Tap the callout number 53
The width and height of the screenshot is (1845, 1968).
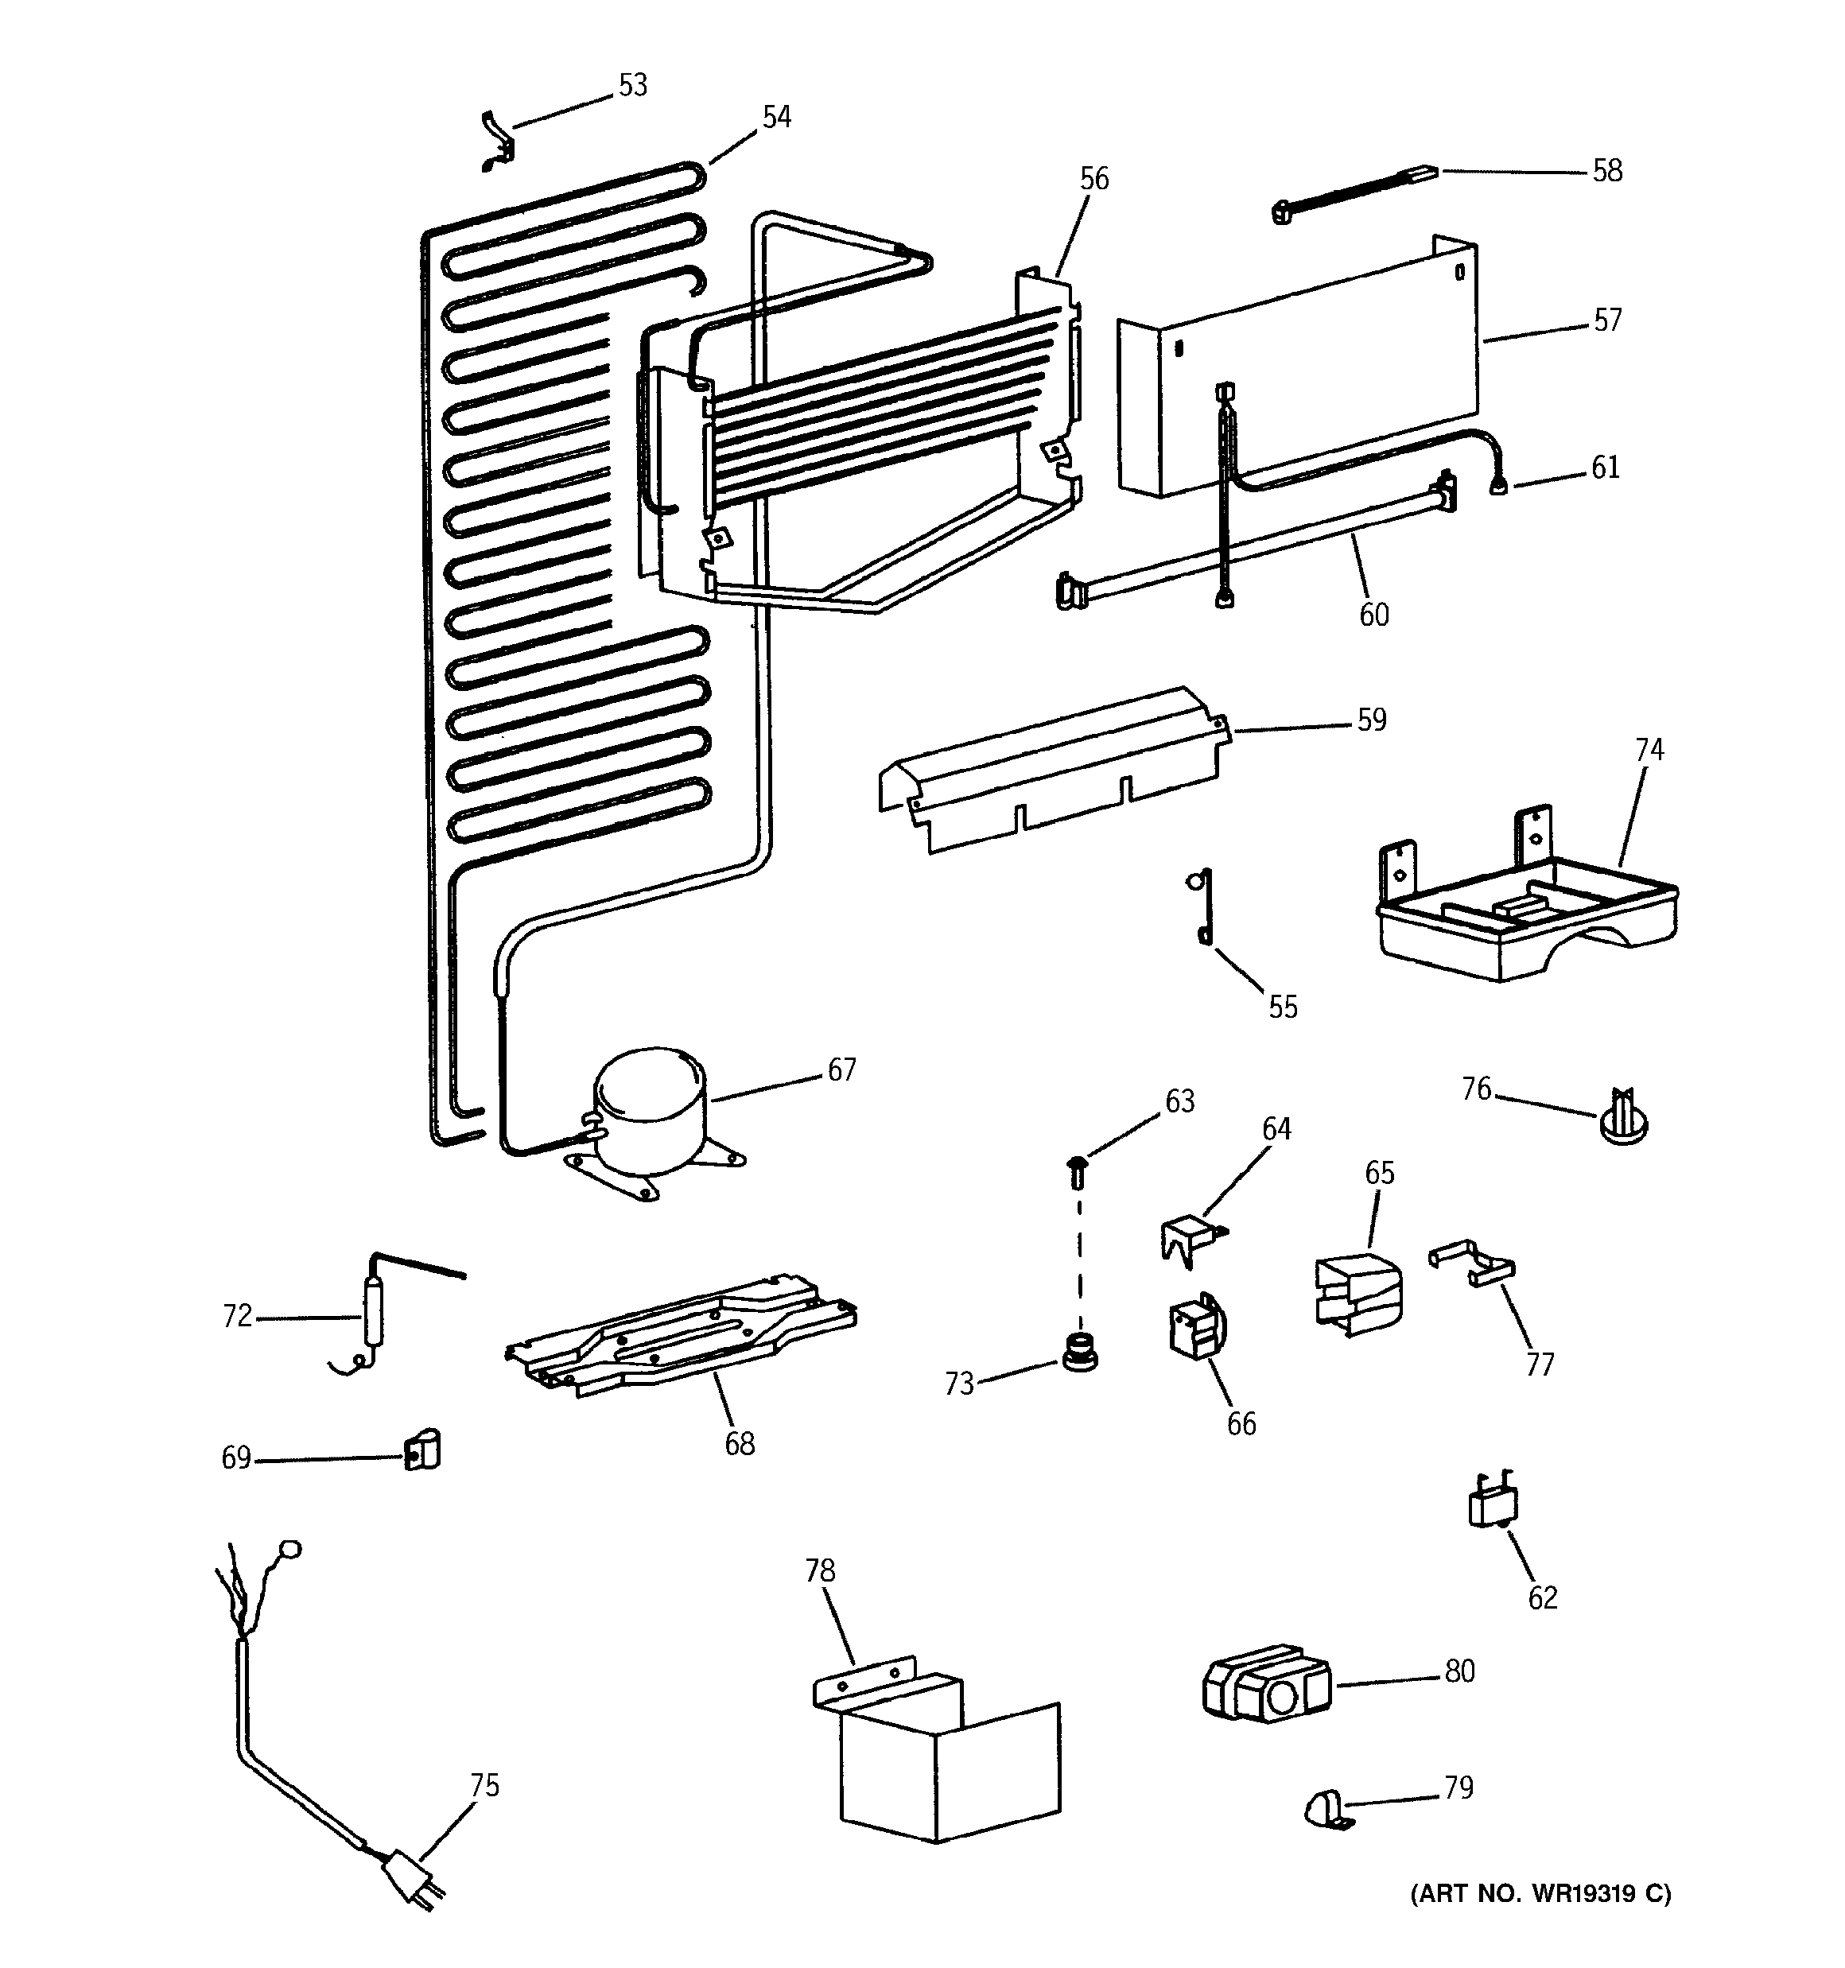(x=633, y=85)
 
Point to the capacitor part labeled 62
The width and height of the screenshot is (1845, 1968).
(x=1491, y=1504)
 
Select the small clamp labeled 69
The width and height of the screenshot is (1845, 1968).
(x=423, y=1451)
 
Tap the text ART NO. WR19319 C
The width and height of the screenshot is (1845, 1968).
(x=1540, y=1894)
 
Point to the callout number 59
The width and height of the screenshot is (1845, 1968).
(x=1370, y=720)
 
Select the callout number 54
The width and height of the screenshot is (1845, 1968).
(x=776, y=118)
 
